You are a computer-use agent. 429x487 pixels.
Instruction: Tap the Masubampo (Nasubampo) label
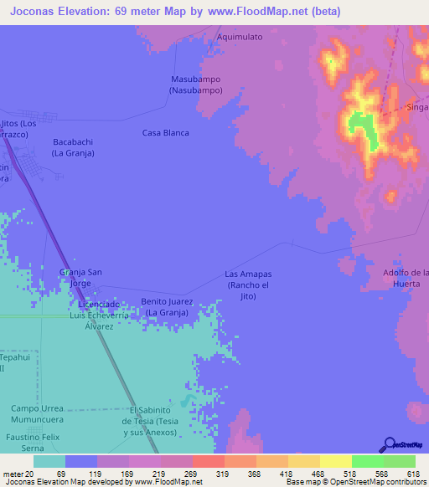click(x=195, y=85)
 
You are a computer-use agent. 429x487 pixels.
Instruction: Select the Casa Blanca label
click(x=165, y=133)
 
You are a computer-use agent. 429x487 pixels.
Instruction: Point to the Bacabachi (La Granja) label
click(x=73, y=148)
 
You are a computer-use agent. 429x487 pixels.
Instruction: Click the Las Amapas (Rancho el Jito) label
click(x=247, y=285)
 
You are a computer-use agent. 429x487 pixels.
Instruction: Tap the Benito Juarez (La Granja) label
click(x=167, y=307)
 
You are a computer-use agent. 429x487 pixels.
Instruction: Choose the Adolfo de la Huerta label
click(x=406, y=278)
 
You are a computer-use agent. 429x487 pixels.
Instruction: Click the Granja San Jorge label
click(x=80, y=277)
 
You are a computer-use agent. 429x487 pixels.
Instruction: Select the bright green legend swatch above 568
click(x=367, y=461)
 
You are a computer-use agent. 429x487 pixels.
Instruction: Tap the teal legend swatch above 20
click(x=49, y=461)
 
